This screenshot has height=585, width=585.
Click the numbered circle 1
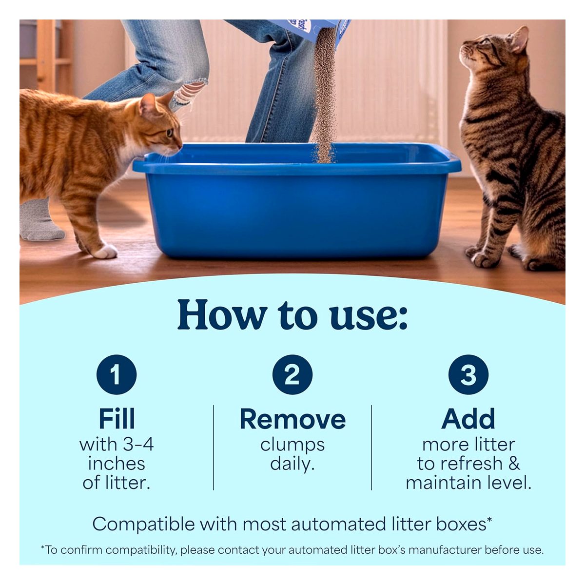117,374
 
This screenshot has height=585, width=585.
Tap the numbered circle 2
292,374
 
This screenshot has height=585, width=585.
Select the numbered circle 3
468,374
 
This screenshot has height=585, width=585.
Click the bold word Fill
117,419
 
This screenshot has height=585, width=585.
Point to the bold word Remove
292,419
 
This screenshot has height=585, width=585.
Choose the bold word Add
468,419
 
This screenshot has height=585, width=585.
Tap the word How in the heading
222,314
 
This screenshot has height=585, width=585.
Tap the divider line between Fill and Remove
214,447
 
